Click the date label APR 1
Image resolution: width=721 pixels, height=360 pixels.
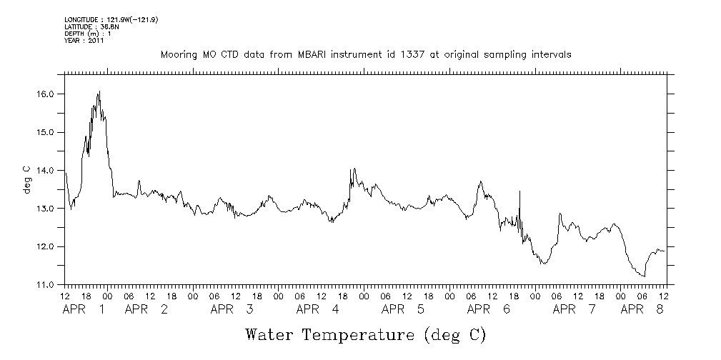(84, 310)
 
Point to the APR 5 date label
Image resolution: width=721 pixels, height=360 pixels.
(404, 310)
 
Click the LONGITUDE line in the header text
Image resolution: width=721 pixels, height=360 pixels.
(111, 19)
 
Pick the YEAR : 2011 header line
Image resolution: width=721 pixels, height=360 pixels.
(84, 41)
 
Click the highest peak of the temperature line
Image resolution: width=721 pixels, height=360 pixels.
(99, 91)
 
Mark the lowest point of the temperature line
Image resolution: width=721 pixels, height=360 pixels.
(645, 276)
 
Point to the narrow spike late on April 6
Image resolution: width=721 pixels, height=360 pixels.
(519, 191)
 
